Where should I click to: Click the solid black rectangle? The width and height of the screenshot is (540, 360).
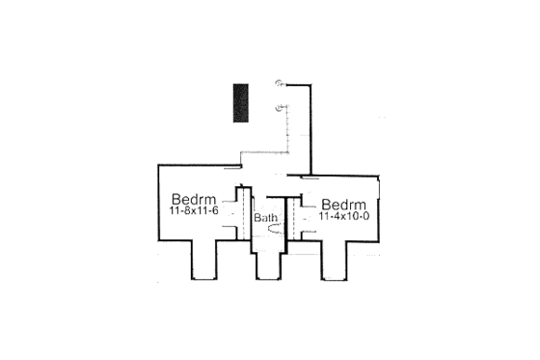(240, 102)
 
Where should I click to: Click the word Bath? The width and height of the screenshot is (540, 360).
(265, 219)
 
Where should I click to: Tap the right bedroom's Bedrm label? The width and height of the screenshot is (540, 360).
(343, 205)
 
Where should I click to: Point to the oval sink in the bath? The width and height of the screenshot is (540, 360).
(274, 231)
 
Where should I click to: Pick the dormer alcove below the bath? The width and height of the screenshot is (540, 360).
(269, 265)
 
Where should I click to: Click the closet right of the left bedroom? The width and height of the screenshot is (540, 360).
(232, 211)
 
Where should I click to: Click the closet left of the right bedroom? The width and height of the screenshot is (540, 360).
(306, 219)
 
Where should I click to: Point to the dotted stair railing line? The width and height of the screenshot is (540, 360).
(289, 125)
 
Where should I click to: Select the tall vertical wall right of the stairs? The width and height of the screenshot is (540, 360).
(310, 130)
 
